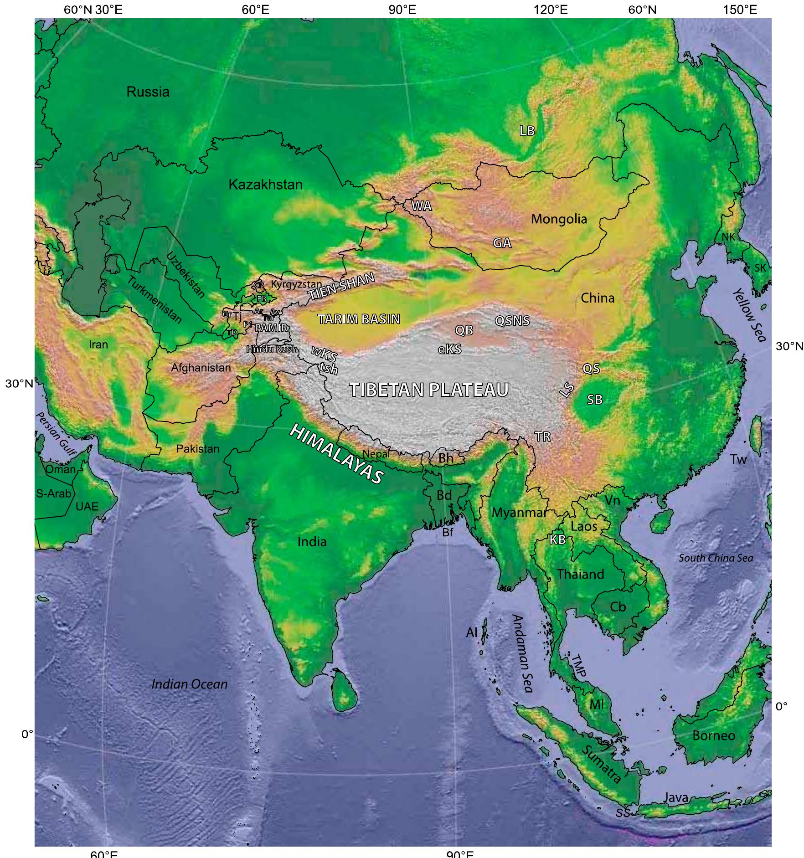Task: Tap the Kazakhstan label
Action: pyautogui.click(x=265, y=185)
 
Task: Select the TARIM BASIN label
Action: pyautogui.click(x=359, y=319)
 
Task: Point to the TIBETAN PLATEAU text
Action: pyautogui.click(x=428, y=390)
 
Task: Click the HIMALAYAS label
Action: pyautogui.click(x=337, y=453)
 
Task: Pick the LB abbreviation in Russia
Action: pyautogui.click(x=527, y=131)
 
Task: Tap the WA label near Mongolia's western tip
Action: pyautogui.click(x=421, y=206)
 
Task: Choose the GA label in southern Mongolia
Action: pyautogui.click(x=502, y=243)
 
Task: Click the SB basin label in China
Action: pyautogui.click(x=594, y=400)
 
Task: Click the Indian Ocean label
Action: pyautogui.click(x=189, y=684)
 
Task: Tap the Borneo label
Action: pyautogui.click(x=713, y=735)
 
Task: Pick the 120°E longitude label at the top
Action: pyautogui.click(x=554, y=10)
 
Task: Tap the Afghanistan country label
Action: pyautogui.click(x=201, y=367)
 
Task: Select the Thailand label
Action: pyautogui.click(x=580, y=574)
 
